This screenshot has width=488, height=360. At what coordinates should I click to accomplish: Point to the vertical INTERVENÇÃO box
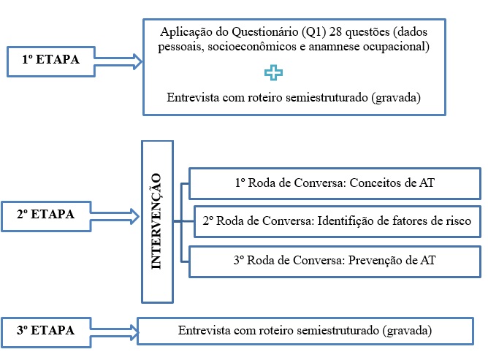pos(156,221)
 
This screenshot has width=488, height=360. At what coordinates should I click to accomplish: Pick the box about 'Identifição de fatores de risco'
pos(337,221)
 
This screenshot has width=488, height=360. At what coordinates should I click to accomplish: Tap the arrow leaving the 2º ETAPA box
pos(117,215)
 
